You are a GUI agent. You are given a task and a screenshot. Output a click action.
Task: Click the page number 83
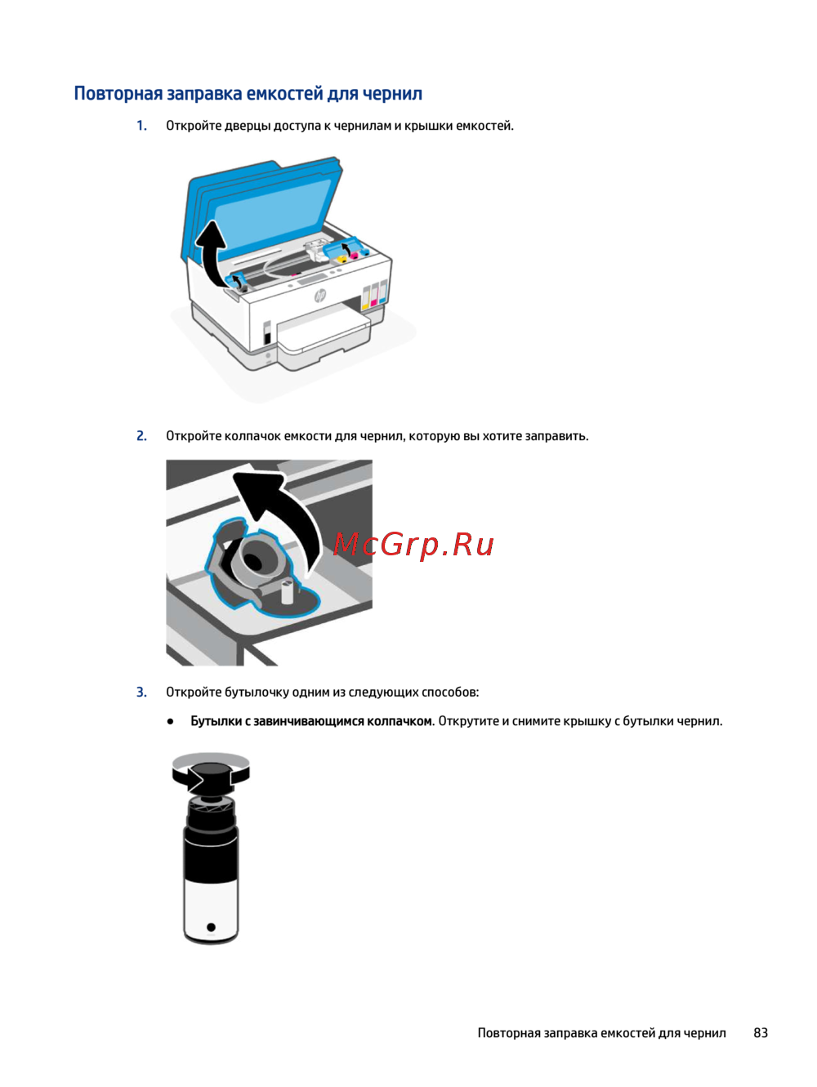(760, 1032)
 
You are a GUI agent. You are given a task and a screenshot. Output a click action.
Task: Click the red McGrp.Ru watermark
(413, 545)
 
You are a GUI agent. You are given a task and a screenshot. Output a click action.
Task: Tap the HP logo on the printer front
(320, 296)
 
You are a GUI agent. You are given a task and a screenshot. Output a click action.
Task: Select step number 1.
(141, 126)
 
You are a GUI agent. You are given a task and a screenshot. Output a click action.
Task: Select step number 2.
(141, 436)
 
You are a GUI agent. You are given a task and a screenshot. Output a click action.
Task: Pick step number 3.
(141, 692)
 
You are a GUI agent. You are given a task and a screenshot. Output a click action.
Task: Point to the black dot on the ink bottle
(211, 926)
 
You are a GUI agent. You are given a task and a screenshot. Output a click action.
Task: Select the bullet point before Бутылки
(171, 721)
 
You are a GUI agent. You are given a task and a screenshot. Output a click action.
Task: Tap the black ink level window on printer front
(266, 332)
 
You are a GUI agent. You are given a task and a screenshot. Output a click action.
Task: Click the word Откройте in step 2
(194, 436)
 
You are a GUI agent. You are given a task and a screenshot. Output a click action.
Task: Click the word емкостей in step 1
(484, 126)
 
